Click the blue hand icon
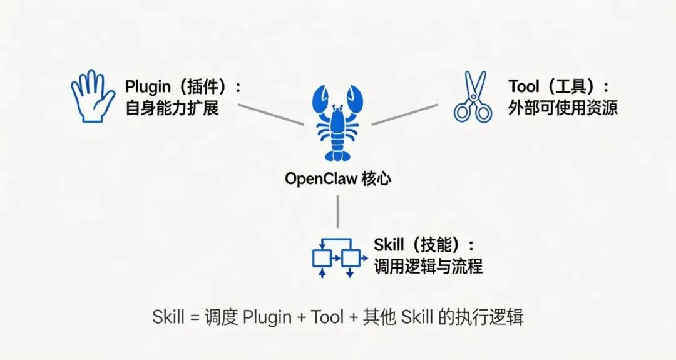coord(92,96)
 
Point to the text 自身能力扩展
coord(172,108)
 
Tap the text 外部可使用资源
coord(563,108)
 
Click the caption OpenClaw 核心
coord(338,178)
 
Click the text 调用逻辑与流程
coord(428,266)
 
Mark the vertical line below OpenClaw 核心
coord(338,212)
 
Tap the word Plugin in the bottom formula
coord(267,317)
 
